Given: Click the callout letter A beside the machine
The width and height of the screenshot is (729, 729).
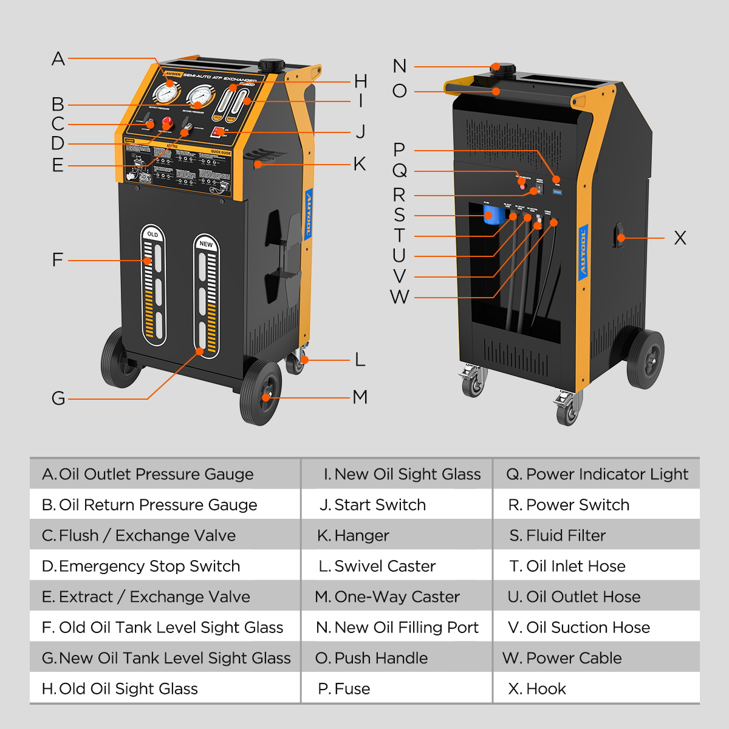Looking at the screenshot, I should point(58,59).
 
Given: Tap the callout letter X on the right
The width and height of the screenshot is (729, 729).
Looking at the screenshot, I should point(680,238).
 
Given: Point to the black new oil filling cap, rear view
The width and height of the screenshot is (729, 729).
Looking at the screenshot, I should point(503,69).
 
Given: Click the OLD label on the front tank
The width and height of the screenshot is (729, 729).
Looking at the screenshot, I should point(152,234).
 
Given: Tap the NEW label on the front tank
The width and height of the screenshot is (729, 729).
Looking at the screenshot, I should point(206,244).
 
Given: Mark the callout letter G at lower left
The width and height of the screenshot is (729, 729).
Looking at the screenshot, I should point(58,399).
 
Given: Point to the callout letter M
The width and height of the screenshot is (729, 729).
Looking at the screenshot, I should point(360,397).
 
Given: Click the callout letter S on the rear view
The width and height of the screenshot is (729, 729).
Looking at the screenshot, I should point(399,215).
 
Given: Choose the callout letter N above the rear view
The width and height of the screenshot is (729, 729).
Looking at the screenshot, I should point(399,66).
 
